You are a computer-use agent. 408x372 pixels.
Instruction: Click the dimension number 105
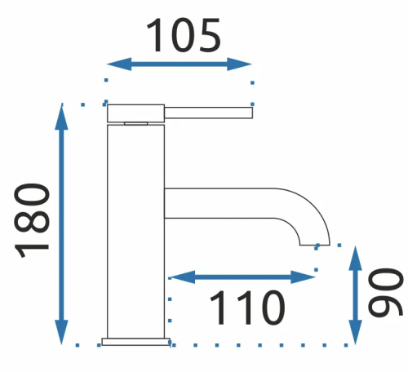(x=184, y=35)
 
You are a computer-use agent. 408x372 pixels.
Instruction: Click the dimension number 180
(x=32, y=220)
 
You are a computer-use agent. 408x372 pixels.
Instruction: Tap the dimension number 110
(x=247, y=308)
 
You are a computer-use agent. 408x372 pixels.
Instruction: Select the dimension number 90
(x=385, y=292)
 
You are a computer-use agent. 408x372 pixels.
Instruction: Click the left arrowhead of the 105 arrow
(x=119, y=64)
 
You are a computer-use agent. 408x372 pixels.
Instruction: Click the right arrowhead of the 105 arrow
(x=239, y=64)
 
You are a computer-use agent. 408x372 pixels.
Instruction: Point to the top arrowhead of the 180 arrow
(x=61, y=117)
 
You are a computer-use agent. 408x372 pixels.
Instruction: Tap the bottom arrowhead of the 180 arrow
(x=61, y=332)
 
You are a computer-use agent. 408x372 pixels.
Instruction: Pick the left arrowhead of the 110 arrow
(x=182, y=277)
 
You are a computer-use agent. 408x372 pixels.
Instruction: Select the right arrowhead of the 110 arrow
(x=303, y=277)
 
